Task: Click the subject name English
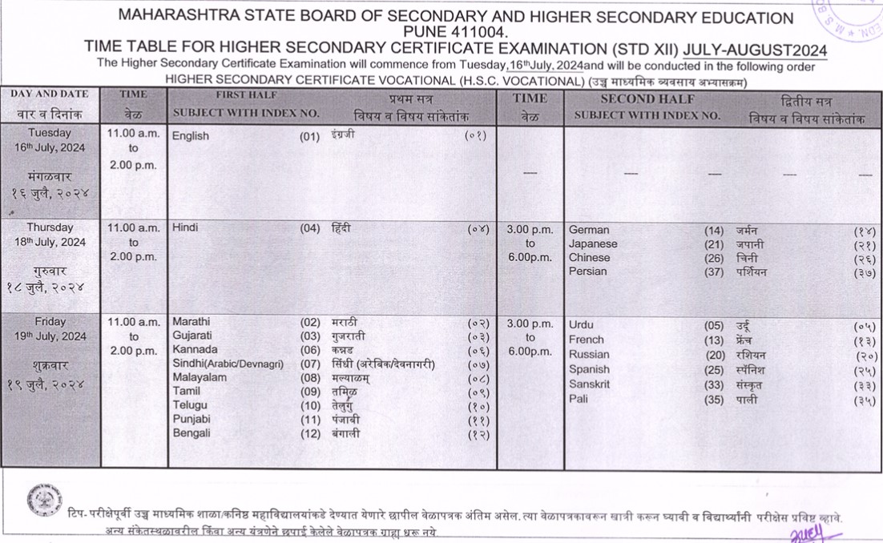[x=191, y=136]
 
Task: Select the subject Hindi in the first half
[x=185, y=228]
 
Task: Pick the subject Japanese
[x=593, y=244]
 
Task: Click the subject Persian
[x=588, y=271]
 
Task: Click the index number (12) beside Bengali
[x=310, y=433]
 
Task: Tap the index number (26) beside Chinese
[x=714, y=258]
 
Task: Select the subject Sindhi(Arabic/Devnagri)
[x=228, y=364]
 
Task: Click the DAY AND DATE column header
[x=50, y=95]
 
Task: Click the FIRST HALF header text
[x=247, y=95]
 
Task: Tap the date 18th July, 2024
[x=50, y=242]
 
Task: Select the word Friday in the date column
[x=50, y=322]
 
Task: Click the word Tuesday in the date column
[x=50, y=133]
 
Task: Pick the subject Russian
[x=589, y=355]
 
